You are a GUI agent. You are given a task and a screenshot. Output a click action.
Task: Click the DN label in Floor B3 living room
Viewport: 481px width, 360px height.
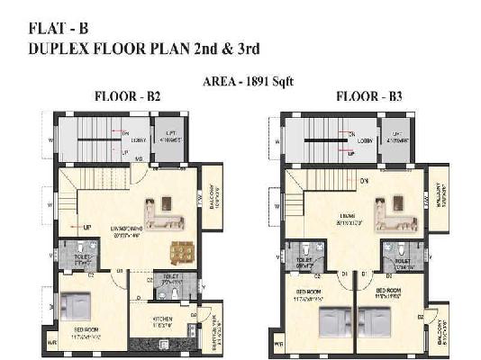(x=363, y=181)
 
